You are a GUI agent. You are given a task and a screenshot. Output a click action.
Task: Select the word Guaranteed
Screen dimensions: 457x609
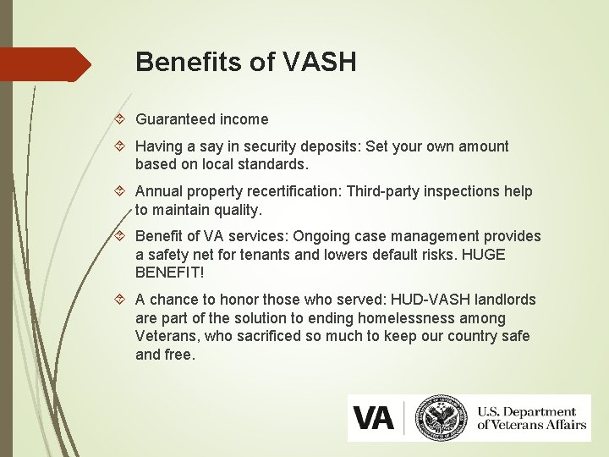coord(173,119)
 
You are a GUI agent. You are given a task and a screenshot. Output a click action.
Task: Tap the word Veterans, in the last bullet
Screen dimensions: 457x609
coord(163,336)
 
